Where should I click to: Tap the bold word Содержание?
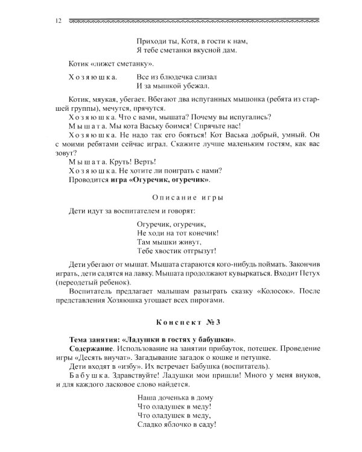click(x=91, y=348)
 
